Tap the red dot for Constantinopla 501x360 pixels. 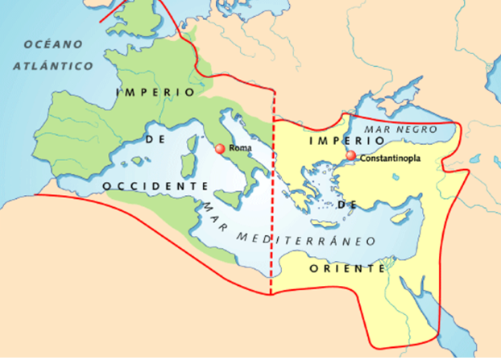[350, 156]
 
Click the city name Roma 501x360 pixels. [240, 149]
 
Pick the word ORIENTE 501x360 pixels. [348, 269]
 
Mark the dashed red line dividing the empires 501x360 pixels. [272, 201]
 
